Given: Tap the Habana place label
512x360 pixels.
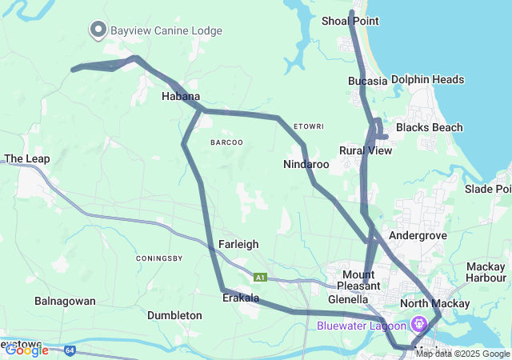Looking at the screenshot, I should [x=181, y=96].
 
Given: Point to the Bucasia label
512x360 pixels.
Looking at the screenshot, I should [x=368, y=81].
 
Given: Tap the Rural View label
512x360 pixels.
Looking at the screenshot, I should [x=366, y=150].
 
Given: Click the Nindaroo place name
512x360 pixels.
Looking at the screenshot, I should [x=306, y=164].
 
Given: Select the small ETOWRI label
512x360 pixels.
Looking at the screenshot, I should [x=308, y=126].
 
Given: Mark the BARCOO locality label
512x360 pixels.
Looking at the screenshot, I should [x=226, y=142].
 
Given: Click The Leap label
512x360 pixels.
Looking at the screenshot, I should [x=27, y=158].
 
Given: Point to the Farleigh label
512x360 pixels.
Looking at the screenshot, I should [x=238, y=244].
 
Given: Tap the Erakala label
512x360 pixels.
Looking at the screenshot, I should [x=241, y=298].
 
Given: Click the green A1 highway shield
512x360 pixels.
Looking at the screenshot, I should [x=260, y=278].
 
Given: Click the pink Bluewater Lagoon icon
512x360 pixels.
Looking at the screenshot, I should [x=418, y=324].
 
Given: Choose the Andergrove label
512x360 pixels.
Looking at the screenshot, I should [x=416, y=236].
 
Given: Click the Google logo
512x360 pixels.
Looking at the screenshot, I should [x=26, y=350].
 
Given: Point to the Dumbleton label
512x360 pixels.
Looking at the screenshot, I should [x=174, y=315].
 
